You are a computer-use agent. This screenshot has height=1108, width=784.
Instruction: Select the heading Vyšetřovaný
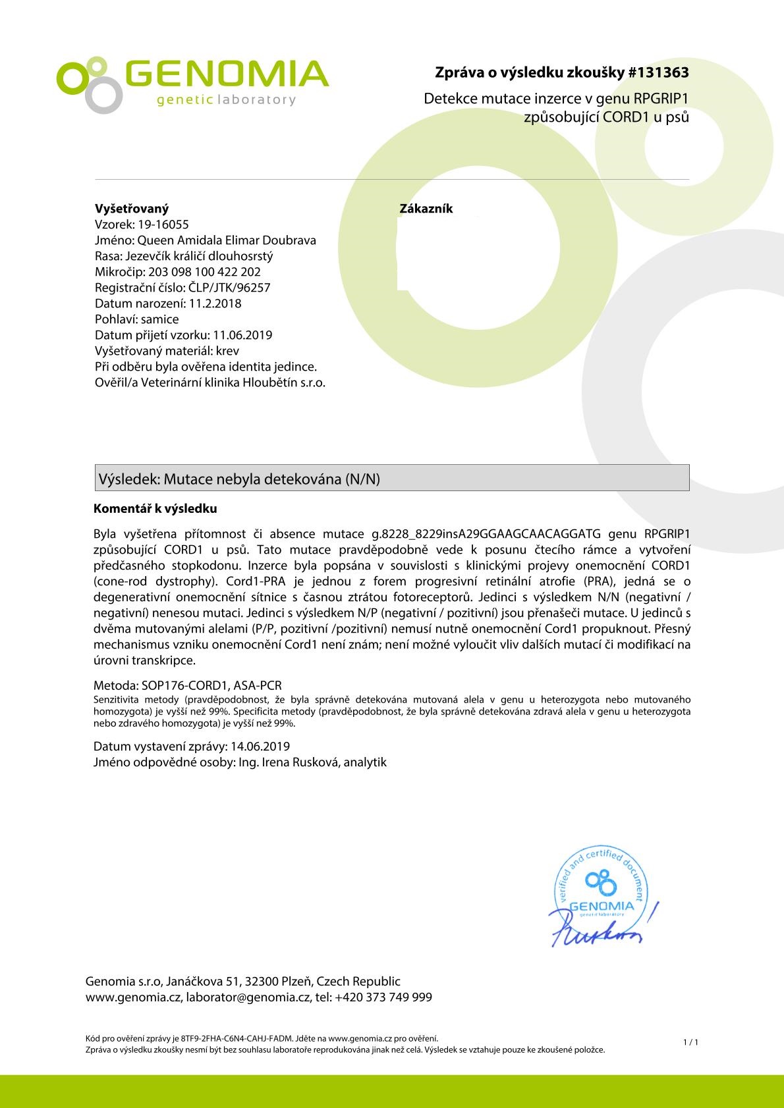(132, 209)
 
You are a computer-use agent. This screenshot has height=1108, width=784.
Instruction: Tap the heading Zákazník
(426, 209)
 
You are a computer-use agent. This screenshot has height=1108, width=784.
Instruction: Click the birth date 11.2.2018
(215, 303)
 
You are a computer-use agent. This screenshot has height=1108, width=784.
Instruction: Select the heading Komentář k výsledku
(155, 509)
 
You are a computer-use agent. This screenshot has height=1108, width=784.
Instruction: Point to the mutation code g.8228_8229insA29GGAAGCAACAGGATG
(487, 533)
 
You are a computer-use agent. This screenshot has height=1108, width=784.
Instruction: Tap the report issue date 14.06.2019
(260, 746)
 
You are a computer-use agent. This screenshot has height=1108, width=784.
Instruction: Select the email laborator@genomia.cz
(248, 997)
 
